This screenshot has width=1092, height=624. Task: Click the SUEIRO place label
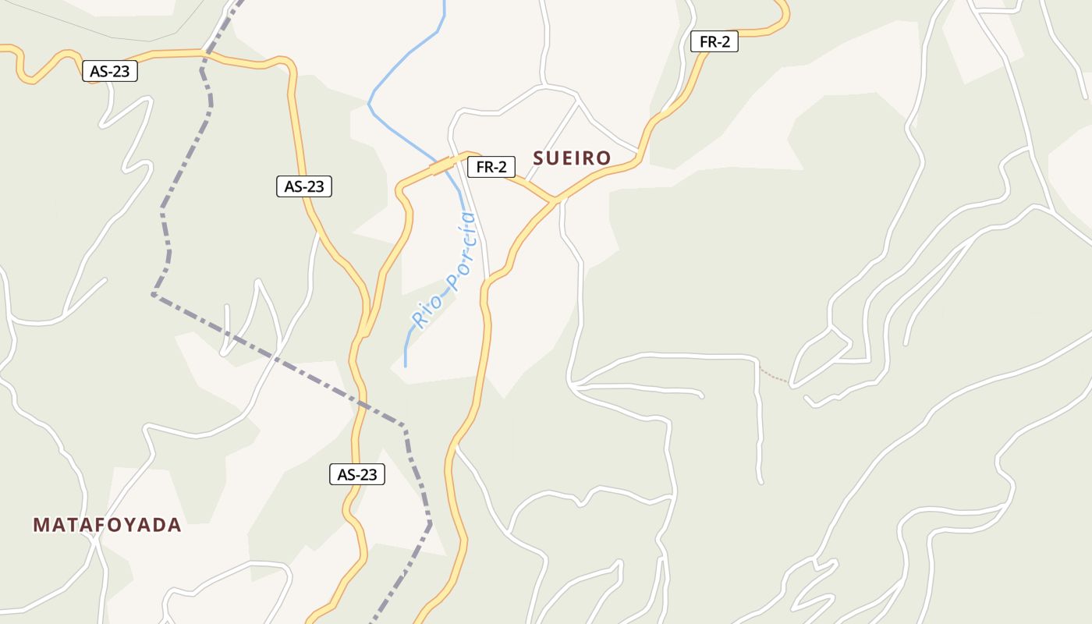coord(572,158)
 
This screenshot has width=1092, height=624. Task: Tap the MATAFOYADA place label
coord(107,525)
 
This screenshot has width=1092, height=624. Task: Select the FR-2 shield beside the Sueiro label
coord(491,167)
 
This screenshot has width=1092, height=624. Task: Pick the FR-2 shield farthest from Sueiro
coord(714,42)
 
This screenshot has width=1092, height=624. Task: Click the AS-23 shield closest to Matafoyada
coord(357,474)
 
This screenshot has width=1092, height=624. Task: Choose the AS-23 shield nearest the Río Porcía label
coord(304,186)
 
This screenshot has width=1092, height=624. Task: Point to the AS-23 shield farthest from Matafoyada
coord(110,72)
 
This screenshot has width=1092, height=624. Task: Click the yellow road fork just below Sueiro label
coord(556,200)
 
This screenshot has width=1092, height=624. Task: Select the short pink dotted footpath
coord(774,376)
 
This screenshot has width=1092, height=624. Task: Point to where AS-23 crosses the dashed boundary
coord(205,55)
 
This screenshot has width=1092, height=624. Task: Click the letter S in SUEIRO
coord(538,158)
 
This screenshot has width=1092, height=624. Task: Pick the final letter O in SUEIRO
coord(604,158)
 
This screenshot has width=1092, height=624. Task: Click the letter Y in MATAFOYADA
coord(129,525)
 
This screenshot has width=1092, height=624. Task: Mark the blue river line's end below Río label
coord(406,365)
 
